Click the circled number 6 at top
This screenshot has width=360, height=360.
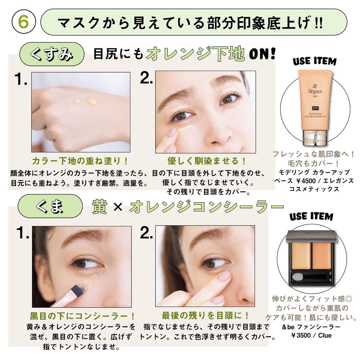24,22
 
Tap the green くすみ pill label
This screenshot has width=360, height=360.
52,54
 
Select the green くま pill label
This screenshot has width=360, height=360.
50,206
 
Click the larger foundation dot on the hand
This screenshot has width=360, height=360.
91,101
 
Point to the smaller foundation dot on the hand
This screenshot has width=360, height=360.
77,100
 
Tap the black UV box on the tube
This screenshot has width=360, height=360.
315,108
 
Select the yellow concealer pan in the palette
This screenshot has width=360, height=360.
301,256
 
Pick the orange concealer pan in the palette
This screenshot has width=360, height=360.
321,256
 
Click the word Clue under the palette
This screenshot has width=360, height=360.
325,335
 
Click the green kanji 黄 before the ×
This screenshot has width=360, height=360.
100,207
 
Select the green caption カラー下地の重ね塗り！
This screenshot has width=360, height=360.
80,161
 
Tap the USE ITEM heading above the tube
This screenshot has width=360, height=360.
315,61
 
